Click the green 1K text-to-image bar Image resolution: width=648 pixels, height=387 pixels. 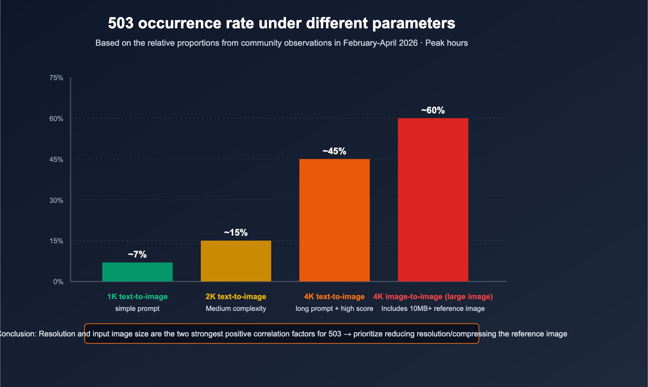(137, 272)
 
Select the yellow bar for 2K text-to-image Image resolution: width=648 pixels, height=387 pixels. (236, 261)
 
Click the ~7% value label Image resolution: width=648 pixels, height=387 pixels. (137, 254)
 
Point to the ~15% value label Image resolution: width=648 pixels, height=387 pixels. (236, 232)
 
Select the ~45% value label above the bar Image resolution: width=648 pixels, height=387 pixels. (334, 151)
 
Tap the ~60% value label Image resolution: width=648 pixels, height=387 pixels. (433, 110)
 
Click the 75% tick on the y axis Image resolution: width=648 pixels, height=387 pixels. (56, 78)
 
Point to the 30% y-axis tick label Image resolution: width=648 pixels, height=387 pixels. (56, 200)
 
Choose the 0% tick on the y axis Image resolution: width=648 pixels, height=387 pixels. (58, 282)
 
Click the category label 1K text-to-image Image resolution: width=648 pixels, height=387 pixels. (137, 296)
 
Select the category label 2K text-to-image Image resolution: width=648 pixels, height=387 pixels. (236, 296)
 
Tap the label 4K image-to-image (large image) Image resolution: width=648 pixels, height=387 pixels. (433, 296)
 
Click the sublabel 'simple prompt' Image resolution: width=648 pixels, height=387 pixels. (137, 308)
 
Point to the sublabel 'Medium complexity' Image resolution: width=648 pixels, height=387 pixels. (236, 308)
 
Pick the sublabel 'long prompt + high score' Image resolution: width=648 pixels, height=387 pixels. (334, 308)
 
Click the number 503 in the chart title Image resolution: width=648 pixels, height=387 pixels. (121, 23)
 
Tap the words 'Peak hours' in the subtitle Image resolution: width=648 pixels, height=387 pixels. (446, 43)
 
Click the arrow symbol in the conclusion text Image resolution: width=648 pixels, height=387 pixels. (347, 334)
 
